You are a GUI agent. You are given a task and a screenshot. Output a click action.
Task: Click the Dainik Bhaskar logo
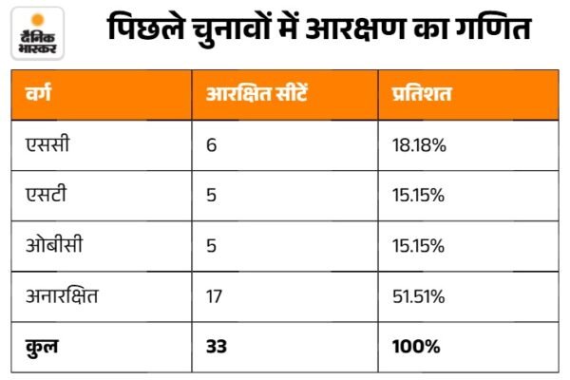coord(37,33)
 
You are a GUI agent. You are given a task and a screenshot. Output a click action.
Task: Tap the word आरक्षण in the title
coord(355,28)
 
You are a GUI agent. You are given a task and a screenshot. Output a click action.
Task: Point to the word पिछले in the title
coord(145,27)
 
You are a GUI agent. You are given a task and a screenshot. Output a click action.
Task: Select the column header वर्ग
coord(38,92)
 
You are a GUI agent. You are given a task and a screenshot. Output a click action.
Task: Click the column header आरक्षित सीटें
coord(256,93)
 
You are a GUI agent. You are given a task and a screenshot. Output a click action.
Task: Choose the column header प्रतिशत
coord(422,93)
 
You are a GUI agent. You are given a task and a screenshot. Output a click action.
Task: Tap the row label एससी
coord(47,144)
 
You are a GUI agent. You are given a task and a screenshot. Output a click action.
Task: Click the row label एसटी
coord(47,195)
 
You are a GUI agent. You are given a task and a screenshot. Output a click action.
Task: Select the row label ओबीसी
coord(54,244)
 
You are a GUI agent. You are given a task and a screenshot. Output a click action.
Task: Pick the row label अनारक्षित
coord(62,295)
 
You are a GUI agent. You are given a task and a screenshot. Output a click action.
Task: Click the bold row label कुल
coord(42,347)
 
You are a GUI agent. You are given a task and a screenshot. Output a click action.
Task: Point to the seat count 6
coord(211,145)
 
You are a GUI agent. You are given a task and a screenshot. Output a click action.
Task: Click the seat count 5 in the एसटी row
coord(211,196)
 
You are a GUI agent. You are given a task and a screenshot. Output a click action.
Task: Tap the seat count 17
coord(214,296)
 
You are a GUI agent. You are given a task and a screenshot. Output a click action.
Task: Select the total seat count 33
coord(217,346)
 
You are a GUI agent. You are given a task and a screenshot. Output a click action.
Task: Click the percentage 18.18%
coord(419,145)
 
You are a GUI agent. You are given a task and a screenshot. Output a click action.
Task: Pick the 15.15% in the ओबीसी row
coord(418,246)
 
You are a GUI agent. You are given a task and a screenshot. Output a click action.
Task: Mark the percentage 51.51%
coord(418,296)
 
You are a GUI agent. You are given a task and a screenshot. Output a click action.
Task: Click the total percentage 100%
coord(416,346)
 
